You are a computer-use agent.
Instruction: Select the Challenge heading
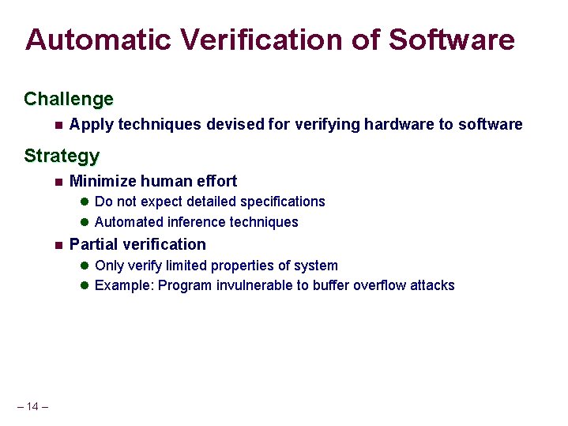pyautogui.click(x=69, y=100)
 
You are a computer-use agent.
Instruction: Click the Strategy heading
pyautogui.click(x=62, y=156)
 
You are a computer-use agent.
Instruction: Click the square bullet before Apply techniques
pyautogui.click(x=58, y=125)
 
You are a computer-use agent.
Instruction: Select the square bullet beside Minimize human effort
pyautogui.click(x=58, y=182)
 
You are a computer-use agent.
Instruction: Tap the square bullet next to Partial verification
pyautogui.click(x=58, y=245)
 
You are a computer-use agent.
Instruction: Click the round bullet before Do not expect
pyautogui.click(x=85, y=202)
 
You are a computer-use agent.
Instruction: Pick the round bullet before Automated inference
pyautogui.click(x=85, y=223)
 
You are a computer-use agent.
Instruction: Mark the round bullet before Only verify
pyautogui.click(x=85, y=266)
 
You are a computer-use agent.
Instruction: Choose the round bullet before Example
pyautogui.click(x=85, y=286)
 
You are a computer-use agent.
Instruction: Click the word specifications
pyautogui.click(x=282, y=202)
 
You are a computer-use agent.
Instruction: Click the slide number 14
pyautogui.click(x=32, y=407)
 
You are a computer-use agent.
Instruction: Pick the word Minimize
pyautogui.click(x=100, y=181)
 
